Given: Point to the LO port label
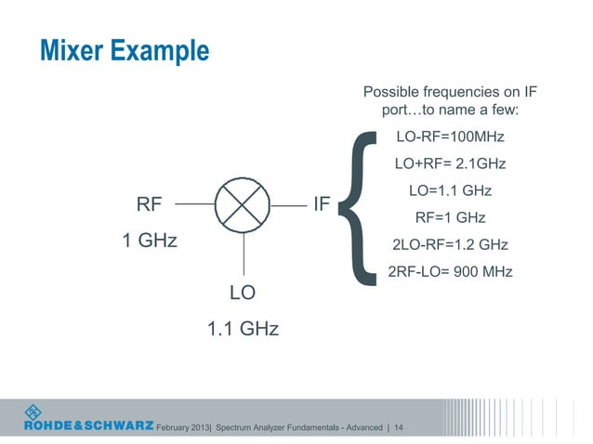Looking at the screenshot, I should [x=243, y=293].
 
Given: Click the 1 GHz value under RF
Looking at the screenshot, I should [x=150, y=242].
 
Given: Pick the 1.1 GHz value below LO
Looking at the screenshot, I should [x=243, y=329].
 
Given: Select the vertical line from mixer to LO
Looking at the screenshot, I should [x=243, y=251].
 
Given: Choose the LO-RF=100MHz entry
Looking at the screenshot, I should [x=450, y=137].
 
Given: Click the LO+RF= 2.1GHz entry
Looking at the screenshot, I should [x=450, y=164].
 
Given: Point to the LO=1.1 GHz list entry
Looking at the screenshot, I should [x=450, y=191].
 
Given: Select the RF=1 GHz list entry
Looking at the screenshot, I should [x=450, y=218].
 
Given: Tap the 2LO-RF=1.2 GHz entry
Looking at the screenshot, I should [x=450, y=245].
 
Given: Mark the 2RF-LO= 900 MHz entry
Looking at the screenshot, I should [x=450, y=272].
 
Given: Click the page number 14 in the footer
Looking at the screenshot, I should [x=398, y=427].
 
